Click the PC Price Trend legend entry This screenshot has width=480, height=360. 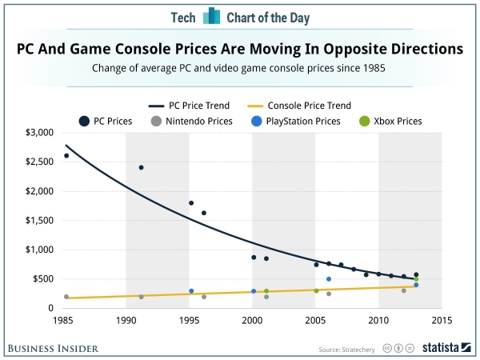pyautogui.click(x=197, y=106)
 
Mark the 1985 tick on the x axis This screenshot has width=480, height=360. pyautogui.click(x=66, y=322)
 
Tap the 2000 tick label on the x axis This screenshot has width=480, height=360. pyautogui.click(x=253, y=322)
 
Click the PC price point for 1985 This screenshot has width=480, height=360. pyautogui.click(x=66, y=156)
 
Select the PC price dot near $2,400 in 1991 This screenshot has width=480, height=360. pyautogui.click(x=141, y=167)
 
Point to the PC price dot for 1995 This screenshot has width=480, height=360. pyautogui.click(x=191, y=203)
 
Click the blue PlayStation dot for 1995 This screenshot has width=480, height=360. pyautogui.click(x=191, y=291)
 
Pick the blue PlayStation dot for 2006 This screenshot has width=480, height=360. pyautogui.click(x=329, y=279)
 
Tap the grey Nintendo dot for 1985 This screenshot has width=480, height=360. pyautogui.click(x=66, y=297)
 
